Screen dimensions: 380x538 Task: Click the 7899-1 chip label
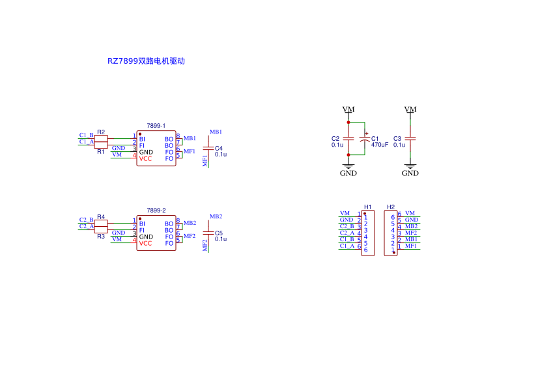click(x=156, y=125)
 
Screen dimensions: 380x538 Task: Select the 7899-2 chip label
click(x=156, y=211)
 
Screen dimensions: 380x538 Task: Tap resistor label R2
click(x=101, y=132)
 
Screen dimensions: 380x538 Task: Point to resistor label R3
click(x=101, y=237)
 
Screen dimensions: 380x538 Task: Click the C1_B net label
click(x=86, y=136)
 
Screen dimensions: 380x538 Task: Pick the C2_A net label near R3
click(x=86, y=226)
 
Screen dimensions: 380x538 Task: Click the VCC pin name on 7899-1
click(x=145, y=158)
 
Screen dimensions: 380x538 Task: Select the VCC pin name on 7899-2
click(x=145, y=243)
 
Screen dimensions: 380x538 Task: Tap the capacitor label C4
click(x=219, y=148)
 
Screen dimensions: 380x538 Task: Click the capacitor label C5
click(x=219, y=233)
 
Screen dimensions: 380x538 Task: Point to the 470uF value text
click(x=380, y=145)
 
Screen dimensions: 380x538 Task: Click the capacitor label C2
click(x=335, y=139)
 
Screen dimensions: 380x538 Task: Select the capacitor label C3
click(x=397, y=139)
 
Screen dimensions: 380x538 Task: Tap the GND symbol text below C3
click(x=410, y=173)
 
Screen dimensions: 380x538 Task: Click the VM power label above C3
click(x=410, y=110)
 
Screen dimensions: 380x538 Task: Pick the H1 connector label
click(x=368, y=207)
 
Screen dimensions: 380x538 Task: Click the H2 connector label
click(x=391, y=207)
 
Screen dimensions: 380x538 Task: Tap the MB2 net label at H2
click(x=411, y=226)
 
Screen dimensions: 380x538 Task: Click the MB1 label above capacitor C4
click(x=216, y=132)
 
